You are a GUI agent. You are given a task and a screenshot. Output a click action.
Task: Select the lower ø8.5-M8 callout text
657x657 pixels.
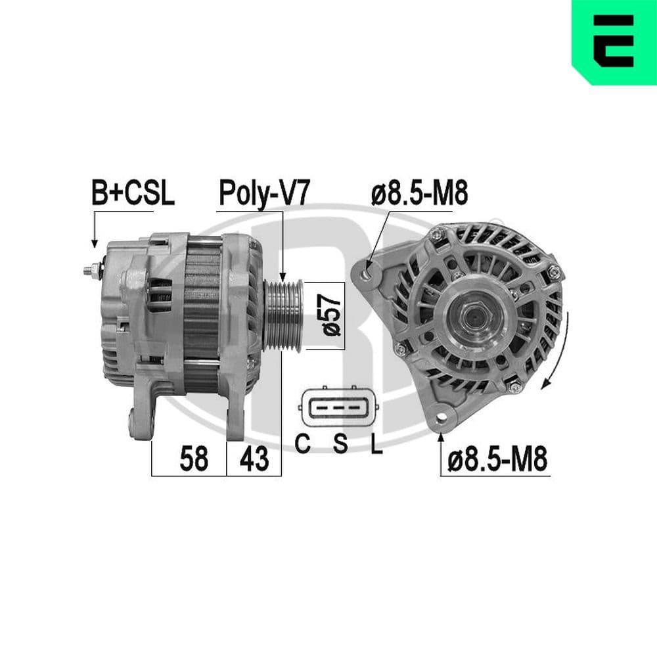click(x=497, y=459)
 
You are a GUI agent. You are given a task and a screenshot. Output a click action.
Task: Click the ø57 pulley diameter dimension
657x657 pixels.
click(x=332, y=314)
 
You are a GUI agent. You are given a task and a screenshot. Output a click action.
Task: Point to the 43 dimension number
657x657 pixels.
click(x=254, y=459)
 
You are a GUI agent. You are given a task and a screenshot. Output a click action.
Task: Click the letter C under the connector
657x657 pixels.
click(x=302, y=445)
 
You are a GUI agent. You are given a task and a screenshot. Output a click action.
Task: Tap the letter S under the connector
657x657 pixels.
click(x=340, y=445)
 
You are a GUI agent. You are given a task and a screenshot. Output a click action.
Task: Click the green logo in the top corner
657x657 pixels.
click(x=615, y=41)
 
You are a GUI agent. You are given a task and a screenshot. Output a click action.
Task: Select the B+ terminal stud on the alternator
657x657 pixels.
click(x=91, y=269)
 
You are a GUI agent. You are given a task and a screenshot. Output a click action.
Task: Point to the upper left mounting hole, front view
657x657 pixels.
click(x=370, y=269)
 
